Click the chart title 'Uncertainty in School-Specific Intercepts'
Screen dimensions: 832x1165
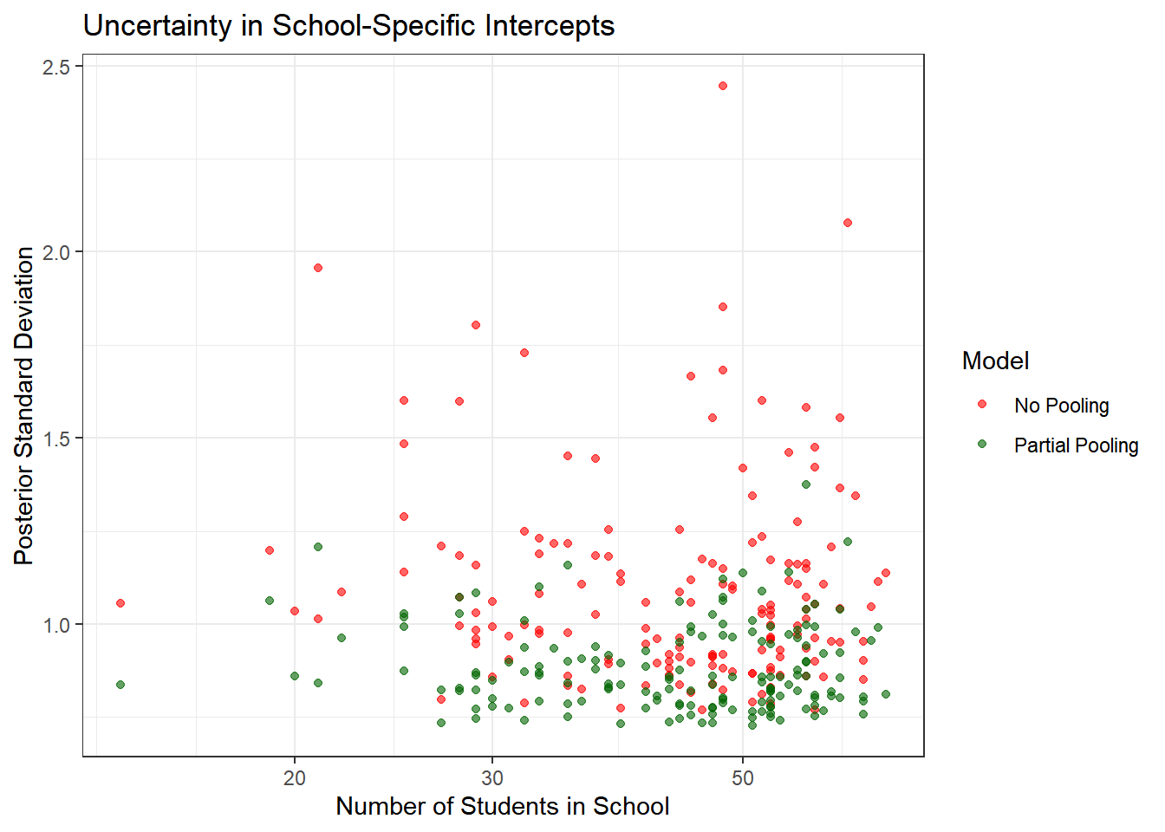[x=348, y=26]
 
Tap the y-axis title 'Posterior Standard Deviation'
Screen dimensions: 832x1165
[x=24, y=406]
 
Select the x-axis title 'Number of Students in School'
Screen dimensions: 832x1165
[x=502, y=806]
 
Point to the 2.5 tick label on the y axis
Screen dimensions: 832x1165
[x=56, y=67]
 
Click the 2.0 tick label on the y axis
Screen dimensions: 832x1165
[x=56, y=252]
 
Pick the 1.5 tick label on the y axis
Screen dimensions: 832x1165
[x=56, y=439]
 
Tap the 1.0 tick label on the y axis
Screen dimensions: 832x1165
[x=56, y=625]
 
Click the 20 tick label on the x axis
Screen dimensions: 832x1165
[x=295, y=777]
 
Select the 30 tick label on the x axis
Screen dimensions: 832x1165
[x=492, y=777]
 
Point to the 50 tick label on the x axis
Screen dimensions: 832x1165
[x=743, y=777]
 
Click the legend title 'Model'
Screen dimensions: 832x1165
[x=995, y=361]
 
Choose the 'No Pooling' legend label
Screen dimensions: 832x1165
[x=1061, y=406]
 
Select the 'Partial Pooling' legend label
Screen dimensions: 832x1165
[x=1076, y=445]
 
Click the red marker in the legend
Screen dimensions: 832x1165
[x=982, y=405]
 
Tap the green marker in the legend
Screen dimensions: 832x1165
[x=982, y=445]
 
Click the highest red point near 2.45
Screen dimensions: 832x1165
[x=723, y=86]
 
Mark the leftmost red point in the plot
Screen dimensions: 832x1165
[x=120, y=603]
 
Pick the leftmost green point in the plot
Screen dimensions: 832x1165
[x=120, y=685]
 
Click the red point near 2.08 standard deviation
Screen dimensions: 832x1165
[x=848, y=223]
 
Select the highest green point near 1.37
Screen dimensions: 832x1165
[x=806, y=484]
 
